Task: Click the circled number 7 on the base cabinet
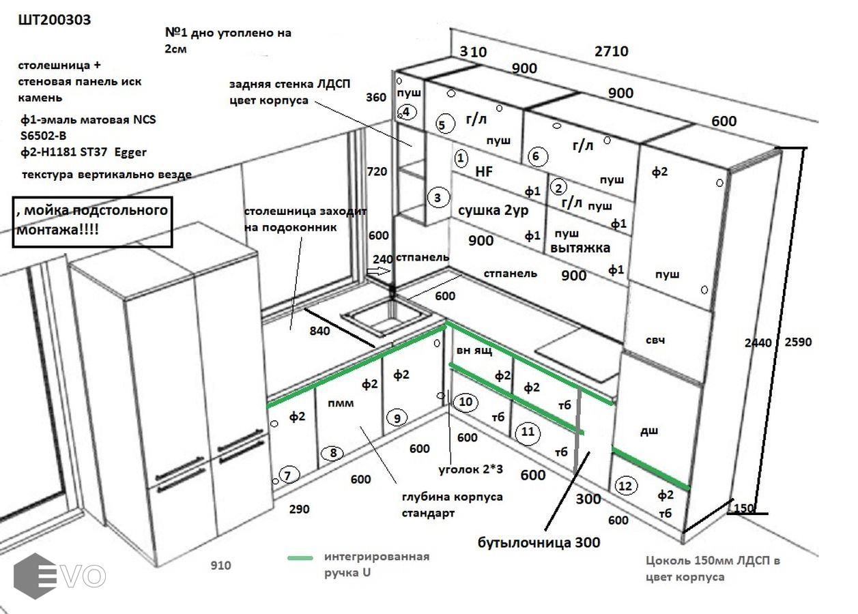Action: click(x=289, y=475)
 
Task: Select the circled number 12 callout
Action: click(x=625, y=486)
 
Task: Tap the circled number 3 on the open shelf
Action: click(x=438, y=198)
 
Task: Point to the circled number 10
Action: click(x=466, y=402)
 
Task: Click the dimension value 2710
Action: click(x=611, y=51)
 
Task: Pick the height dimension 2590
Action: click(x=799, y=342)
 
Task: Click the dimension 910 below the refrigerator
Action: click(x=220, y=566)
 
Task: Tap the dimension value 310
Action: click(x=473, y=51)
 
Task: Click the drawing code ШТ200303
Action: click(x=55, y=20)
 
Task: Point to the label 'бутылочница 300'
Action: click(x=539, y=542)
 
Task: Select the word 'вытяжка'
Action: click(x=580, y=248)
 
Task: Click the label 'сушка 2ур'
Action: click(x=493, y=211)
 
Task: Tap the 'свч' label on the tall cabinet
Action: click(x=655, y=340)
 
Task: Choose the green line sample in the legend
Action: click(x=300, y=558)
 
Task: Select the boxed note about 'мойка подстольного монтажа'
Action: click(x=91, y=222)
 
